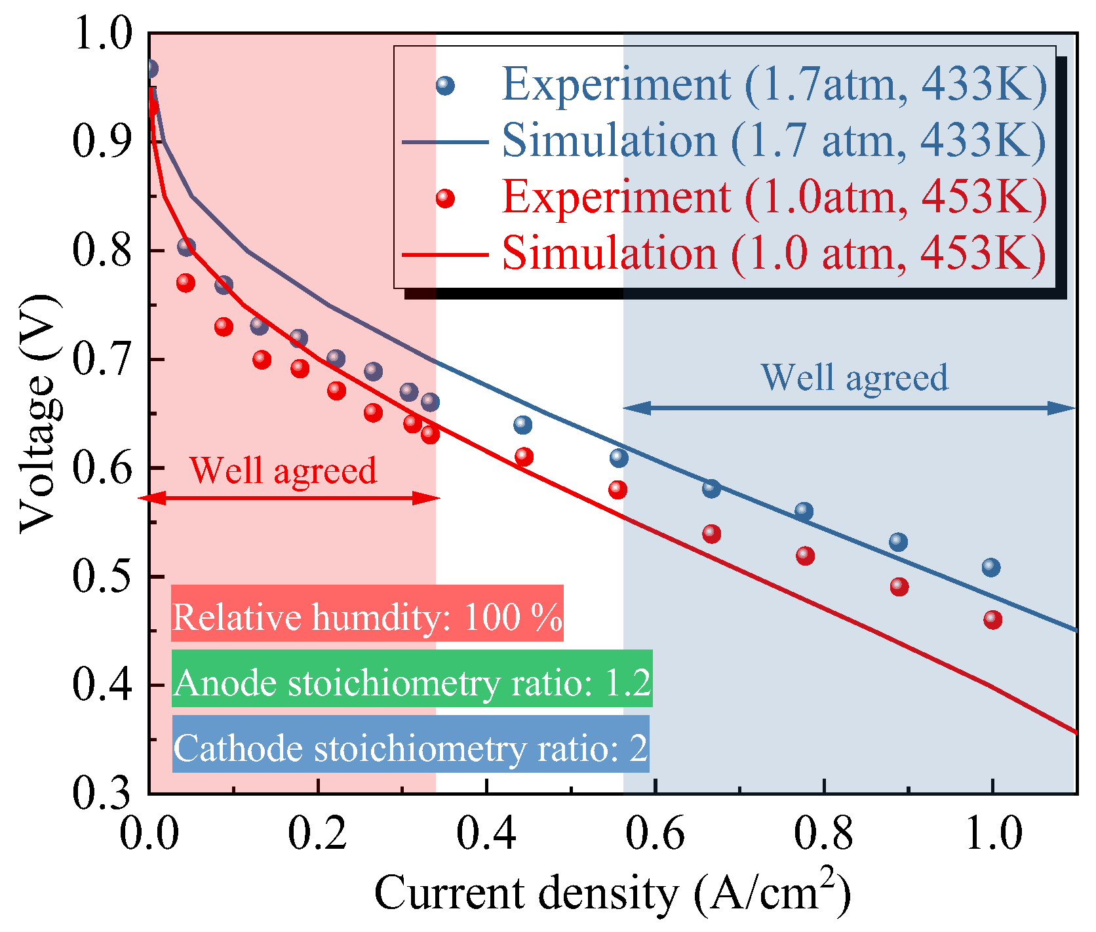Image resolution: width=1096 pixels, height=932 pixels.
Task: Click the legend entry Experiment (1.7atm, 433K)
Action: (774, 85)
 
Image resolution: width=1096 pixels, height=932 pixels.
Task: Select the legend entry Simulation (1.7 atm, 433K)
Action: (773, 141)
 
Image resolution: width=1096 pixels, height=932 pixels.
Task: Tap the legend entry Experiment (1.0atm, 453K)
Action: (774, 197)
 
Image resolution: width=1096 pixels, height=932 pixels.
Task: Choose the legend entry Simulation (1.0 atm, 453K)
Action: (773, 253)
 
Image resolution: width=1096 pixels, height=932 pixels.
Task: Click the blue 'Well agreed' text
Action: (855, 377)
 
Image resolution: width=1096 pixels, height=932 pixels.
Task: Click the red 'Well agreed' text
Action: (283, 470)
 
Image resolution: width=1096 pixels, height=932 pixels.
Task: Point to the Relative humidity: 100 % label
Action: (367, 617)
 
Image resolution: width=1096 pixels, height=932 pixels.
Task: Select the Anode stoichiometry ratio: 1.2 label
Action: (412, 682)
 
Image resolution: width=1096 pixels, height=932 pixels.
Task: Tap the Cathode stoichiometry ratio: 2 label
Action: (410, 748)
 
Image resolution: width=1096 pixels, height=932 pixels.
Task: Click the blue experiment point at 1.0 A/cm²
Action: (991, 567)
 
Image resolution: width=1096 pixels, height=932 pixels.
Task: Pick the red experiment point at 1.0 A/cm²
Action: (992, 619)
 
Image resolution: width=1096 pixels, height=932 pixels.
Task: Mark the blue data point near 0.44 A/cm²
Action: (522, 425)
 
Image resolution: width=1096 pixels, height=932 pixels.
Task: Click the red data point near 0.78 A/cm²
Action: (805, 556)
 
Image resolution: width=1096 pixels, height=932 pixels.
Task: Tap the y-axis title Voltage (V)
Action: (38, 413)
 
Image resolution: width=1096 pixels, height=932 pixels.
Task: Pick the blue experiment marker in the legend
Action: (445, 85)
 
